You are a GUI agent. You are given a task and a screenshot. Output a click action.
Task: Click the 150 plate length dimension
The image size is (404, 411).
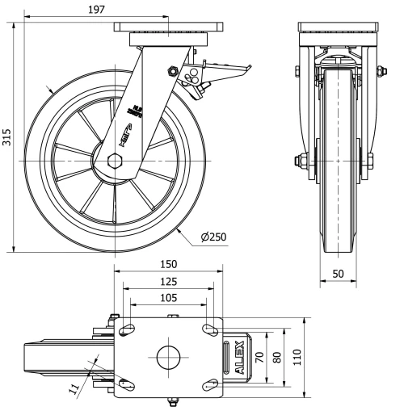point(167,264)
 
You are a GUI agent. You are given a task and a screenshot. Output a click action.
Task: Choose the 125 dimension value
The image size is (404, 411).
point(167,282)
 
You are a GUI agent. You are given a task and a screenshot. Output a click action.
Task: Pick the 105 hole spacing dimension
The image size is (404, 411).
point(167,298)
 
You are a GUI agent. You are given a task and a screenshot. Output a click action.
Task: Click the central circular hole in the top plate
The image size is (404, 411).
point(167,357)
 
